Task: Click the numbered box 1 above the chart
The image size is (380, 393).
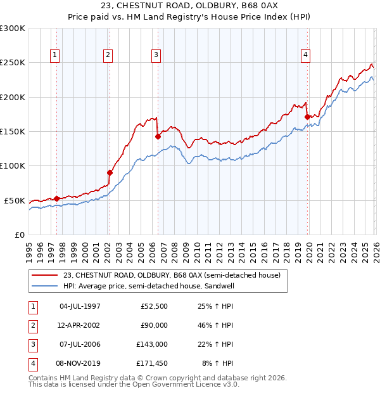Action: tap(56, 56)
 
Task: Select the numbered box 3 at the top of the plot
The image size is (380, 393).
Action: tap(156, 56)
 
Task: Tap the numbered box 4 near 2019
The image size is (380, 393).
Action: tap(305, 56)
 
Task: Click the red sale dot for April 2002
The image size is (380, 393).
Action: tap(110, 172)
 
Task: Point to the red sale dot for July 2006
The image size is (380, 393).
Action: tap(157, 136)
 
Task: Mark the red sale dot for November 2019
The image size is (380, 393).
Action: tap(307, 117)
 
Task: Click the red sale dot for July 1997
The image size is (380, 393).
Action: tap(56, 198)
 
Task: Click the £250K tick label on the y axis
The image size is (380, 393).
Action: tap(13, 63)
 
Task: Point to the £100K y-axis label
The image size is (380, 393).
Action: tap(13, 166)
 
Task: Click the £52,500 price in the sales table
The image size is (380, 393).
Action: tap(153, 306)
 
